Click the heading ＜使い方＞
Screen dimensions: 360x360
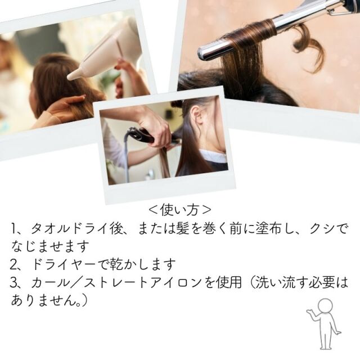(179, 210)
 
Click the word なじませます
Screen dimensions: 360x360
(50, 246)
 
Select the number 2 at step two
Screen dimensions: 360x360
(14, 264)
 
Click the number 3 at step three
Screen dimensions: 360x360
(14, 282)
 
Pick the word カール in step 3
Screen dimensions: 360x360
(50, 282)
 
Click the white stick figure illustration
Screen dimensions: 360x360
(325, 324)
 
